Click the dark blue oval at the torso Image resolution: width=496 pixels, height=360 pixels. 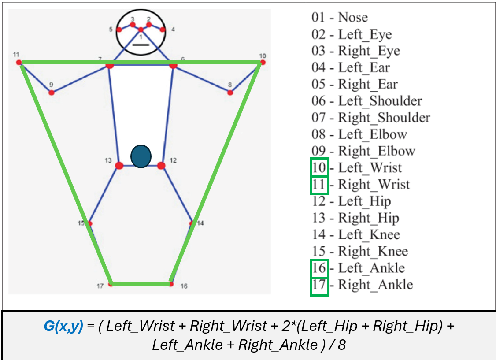[x=141, y=156]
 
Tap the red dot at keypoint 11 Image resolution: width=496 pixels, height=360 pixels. [x=19, y=63]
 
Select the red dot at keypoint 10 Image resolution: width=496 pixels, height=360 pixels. [x=263, y=63]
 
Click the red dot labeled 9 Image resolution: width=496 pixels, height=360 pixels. [x=52, y=93]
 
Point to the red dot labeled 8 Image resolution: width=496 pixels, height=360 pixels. [x=230, y=93]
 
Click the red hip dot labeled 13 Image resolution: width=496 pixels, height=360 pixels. [x=119, y=166]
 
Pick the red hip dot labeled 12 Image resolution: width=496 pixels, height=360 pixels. [x=161, y=166]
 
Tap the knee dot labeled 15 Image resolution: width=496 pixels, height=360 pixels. [x=90, y=223]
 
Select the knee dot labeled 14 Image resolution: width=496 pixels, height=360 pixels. [x=192, y=223]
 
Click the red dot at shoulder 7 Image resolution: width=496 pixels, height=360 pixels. [x=110, y=65]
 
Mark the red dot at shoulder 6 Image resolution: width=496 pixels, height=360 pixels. [x=173, y=65]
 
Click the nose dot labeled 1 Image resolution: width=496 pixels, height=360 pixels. [x=141, y=30]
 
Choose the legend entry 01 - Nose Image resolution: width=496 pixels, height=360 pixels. [x=339, y=18]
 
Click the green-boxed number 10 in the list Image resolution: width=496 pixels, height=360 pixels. [x=319, y=168]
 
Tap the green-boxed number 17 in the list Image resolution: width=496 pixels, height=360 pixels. [x=319, y=285]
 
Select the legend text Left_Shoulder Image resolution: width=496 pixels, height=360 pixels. [x=380, y=101]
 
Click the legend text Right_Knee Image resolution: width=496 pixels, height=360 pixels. [x=373, y=252]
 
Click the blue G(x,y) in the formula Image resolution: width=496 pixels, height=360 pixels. [x=63, y=327]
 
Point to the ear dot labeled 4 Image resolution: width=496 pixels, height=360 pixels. [x=163, y=30]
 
